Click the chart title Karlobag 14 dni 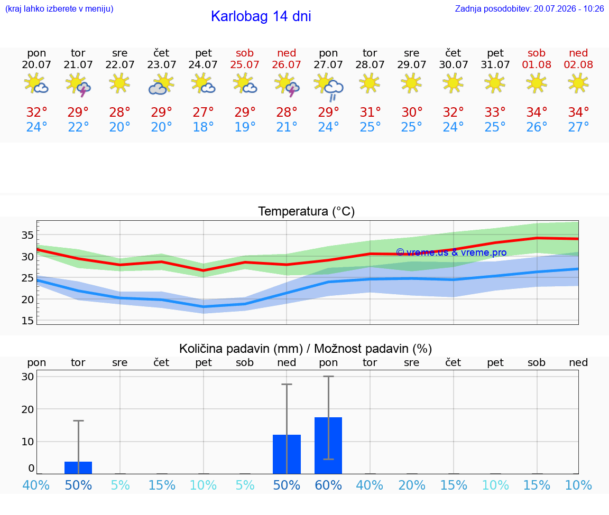click(261, 16)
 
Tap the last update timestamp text click(529, 8)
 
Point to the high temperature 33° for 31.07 click(495, 112)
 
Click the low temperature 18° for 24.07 click(203, 127)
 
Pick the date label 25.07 click(245, 64)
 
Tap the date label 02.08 click(578, 64)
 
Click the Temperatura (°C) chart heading click(307, 211)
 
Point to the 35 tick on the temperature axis click(27, 235)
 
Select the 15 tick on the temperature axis click(27, 321)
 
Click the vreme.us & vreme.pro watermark click(451, 252)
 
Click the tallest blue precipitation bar click(328, 445)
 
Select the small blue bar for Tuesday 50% click(78, 467)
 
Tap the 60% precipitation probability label click(328, 485)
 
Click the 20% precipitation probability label click(412, 485)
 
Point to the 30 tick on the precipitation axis click(27, 377)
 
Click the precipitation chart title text click(306, 349)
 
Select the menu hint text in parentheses click(59, 8)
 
